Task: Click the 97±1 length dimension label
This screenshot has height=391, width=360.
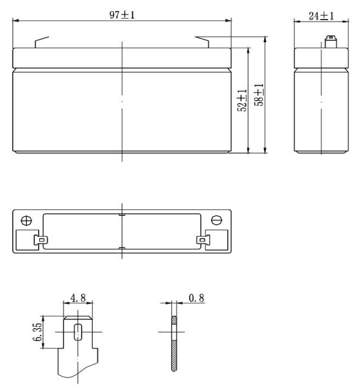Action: coord(122,15)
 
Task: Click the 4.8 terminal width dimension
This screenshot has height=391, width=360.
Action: coord(78,299)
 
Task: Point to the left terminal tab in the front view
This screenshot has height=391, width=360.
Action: coord(41,42)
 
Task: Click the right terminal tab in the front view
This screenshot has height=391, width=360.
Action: coord(203,42)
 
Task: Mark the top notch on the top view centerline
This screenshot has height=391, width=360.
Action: coord(122,214)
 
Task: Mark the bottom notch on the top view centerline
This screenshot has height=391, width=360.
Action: coord(122,248)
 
